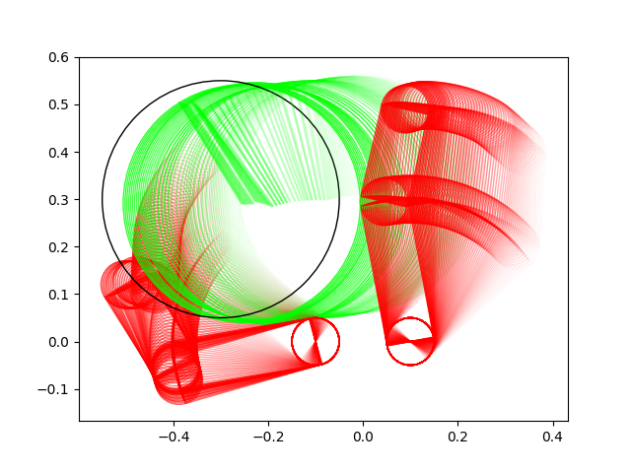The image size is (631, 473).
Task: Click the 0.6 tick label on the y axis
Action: click(58, 57)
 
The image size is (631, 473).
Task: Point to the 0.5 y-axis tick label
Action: click(58, 105)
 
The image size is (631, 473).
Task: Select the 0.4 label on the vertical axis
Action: click(58, 153)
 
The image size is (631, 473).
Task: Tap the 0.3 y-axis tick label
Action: click(58, 200)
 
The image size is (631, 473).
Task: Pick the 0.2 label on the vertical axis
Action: click(58, 247)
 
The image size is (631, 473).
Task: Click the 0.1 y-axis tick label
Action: click(58, 295)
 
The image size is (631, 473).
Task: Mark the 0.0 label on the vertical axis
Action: click(58, 342)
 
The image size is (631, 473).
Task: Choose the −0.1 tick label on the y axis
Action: click(53, 389)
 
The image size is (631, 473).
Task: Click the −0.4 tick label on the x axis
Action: click(174, 437)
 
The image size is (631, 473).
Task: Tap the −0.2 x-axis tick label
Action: click(268, 437)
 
